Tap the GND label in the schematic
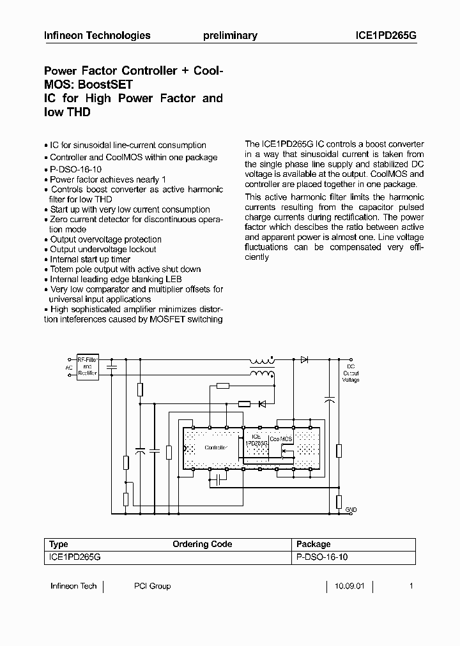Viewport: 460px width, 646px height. pos(351,509)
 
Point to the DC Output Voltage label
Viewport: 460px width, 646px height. pos(351,373)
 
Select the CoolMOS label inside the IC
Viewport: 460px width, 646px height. pos(280,440)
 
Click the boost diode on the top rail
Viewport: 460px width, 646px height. pos(305,359)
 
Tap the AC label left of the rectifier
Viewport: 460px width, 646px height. pos(69,368)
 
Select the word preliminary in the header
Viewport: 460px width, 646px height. pos(230,36)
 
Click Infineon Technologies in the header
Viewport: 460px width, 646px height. pos(97,36)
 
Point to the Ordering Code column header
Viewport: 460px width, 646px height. pos(202,544)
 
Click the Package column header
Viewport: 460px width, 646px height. pos(314,544)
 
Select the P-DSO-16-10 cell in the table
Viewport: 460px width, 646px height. pos(322,557)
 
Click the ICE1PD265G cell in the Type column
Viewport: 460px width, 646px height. pos(75,557)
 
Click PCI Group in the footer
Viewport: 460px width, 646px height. pos(152,586)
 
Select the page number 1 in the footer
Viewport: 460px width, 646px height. pos(411,586)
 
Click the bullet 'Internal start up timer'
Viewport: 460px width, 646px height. pos(90,259)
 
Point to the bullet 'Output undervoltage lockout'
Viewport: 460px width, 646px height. pos(103,250)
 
